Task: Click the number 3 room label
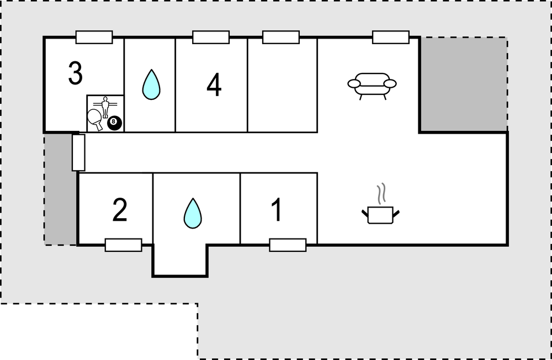click(76, 73)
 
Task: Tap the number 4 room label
click(214, 85)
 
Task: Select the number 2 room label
click(120, 210)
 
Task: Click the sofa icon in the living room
click(372, 86)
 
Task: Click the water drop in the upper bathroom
click(151, 84)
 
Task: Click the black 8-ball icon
click(114, 123)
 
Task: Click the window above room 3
click(94, 37)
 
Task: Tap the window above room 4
click(211, 37)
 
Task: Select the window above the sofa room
click(391, 37)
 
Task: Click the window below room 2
click(123, 245)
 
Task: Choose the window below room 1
click(288, 245)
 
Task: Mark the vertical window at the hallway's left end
click(78, 152)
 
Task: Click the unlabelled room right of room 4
click(282, 85)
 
